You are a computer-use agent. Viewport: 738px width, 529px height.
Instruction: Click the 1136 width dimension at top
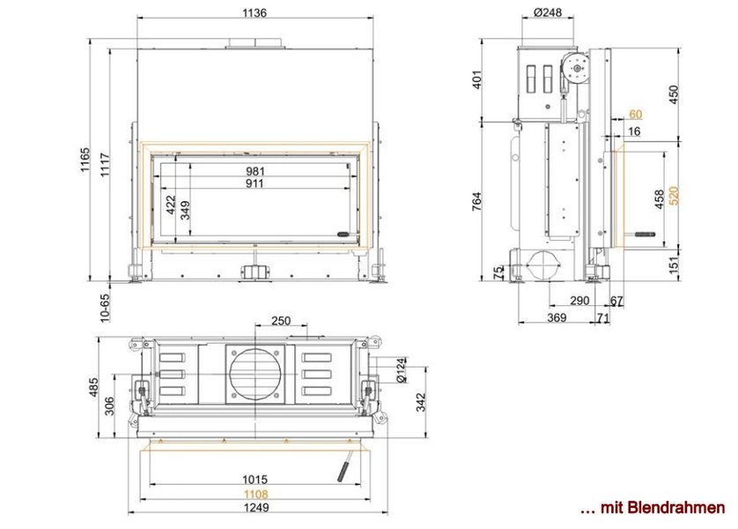tap(255, 12)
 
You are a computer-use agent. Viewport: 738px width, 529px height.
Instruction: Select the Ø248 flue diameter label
tap(548, 12)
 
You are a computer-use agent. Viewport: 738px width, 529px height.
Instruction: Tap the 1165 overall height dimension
tap(85, 160)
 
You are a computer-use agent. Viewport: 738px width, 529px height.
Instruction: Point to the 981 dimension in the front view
tap(255, 171)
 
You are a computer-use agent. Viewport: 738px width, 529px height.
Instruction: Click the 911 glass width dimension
tap(255, 183)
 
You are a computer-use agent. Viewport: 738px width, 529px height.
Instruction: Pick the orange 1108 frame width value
tap(255, 494)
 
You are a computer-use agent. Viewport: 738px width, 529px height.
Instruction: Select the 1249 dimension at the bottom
tap(256, 507)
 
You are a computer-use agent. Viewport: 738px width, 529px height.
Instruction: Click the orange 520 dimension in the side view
tap(674, 196)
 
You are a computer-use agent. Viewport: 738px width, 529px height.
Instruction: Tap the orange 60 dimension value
tap(635, 115)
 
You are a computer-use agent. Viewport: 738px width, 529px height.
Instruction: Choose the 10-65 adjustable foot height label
tap(105, 308)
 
